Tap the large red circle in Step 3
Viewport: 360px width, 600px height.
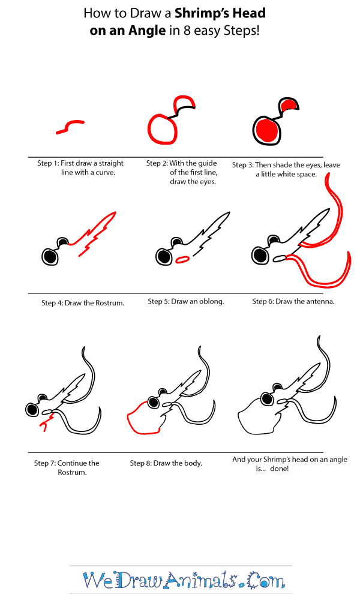pyautogui.click(x=266, y=130)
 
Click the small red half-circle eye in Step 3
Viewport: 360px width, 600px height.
pyautogui.click(x=290, y=106)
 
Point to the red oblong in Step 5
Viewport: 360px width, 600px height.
pyautogui.click(x=183, y=259)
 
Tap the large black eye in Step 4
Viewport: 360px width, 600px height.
pyautogui.click(x=51, y=257)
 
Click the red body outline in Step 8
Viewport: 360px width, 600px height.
pyautogui.click(x=139, y=420)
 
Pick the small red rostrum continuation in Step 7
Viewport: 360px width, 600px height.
pyautogui.click(x=44, y=425)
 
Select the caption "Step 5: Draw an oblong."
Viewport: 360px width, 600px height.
pyautogui.click(x=186, y=302)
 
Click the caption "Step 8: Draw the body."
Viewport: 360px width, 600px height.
pyautogui.click(x=166, y=463)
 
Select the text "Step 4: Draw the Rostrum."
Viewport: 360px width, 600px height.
pyautogui.click(x=83, y=303)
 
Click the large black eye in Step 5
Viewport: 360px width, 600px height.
pyautogui.click(x=163, y=257)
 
